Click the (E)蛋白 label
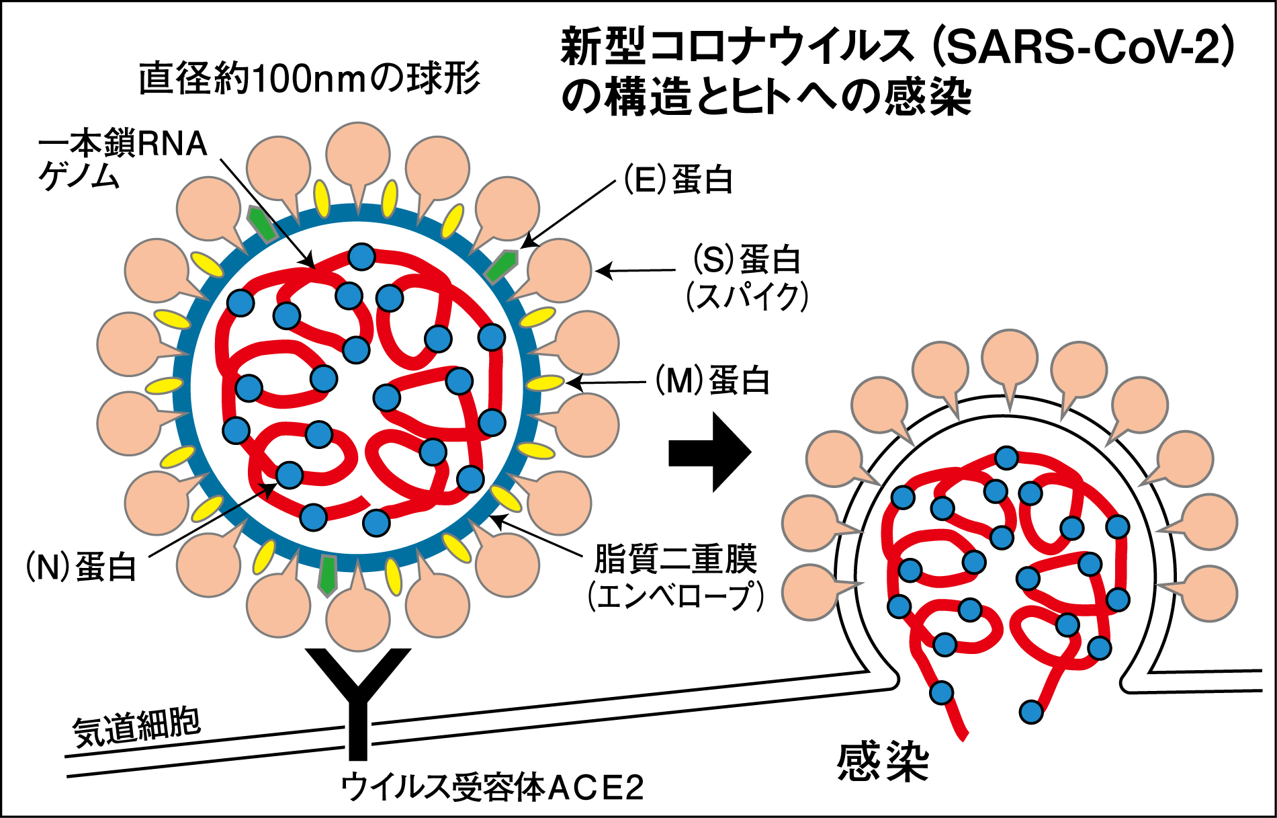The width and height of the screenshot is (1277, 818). click(678, 180)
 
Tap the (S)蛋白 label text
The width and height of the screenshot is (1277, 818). click(746, 260)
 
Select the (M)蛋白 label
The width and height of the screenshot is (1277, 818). click(712, 380)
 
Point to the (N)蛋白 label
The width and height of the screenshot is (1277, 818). click(81, 567)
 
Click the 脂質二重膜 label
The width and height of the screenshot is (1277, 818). click(675, 559)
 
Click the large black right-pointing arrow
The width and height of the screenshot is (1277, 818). click(709, 452)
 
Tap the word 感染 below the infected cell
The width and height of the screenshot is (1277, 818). click(882, 762)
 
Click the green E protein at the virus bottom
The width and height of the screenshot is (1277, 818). click(328, 575)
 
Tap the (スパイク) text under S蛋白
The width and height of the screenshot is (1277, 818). click(746, 296)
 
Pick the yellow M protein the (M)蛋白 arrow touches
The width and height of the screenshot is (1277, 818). click(544, 383)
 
